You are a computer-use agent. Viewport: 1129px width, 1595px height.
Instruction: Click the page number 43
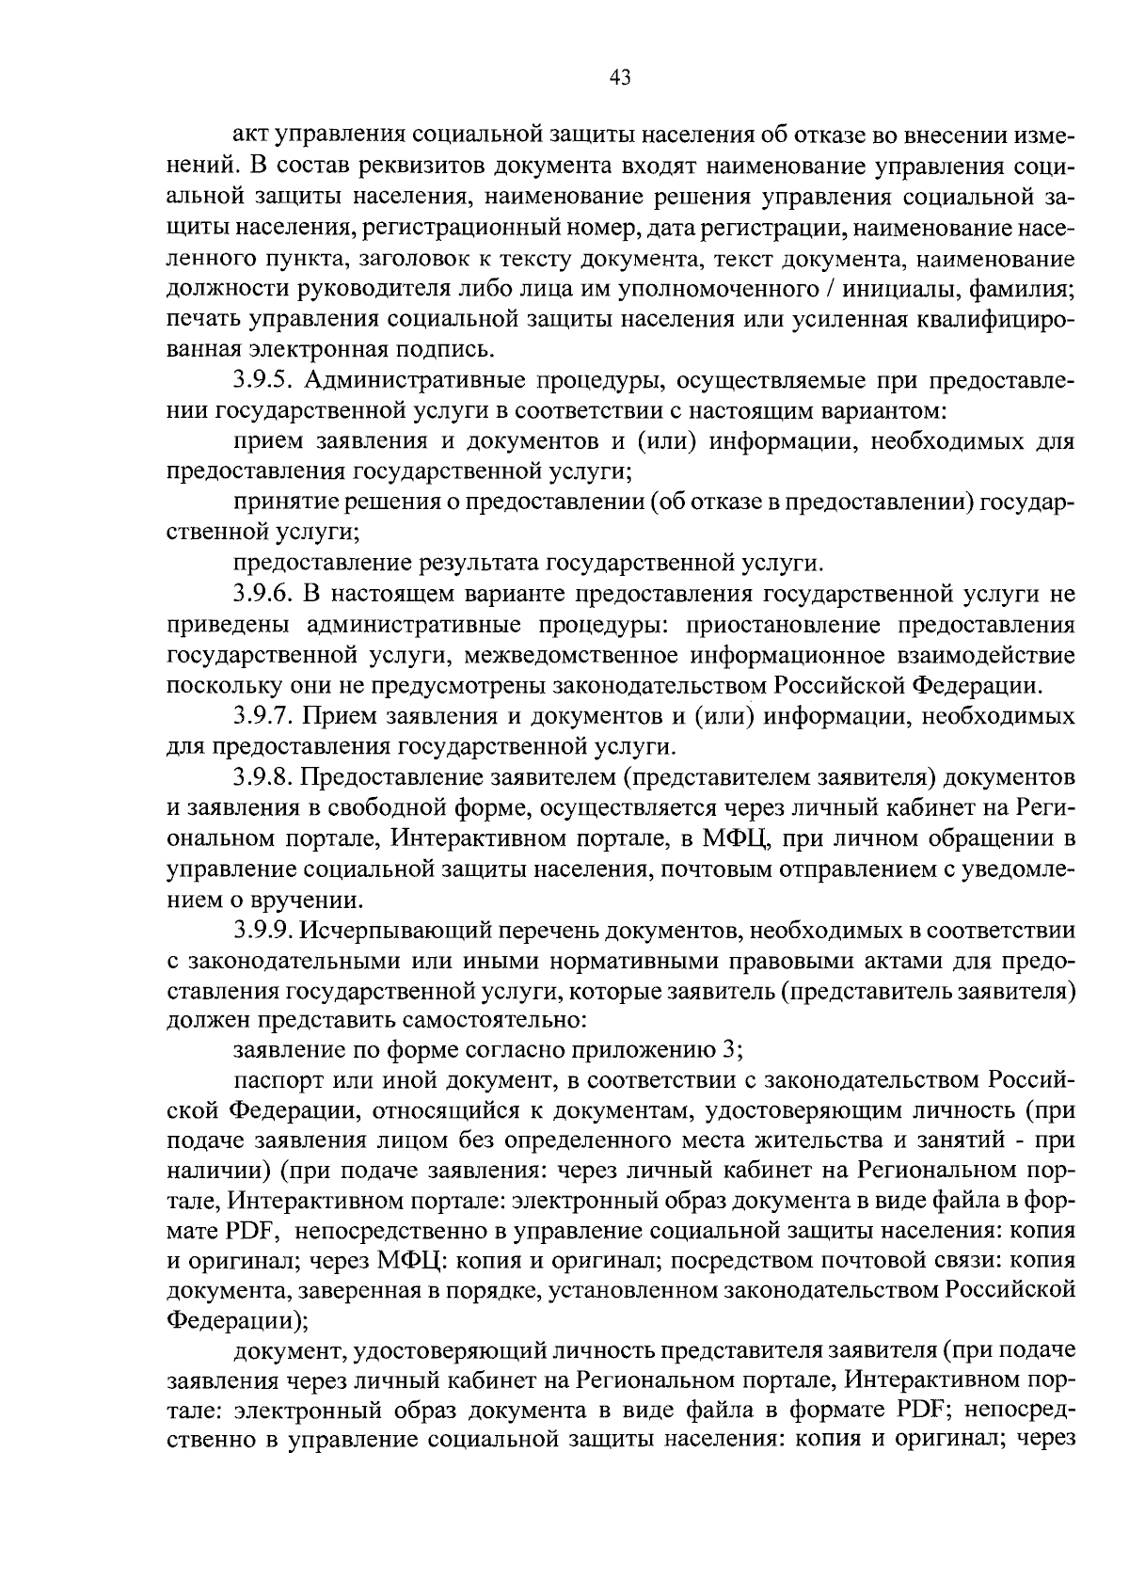point(620,79)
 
